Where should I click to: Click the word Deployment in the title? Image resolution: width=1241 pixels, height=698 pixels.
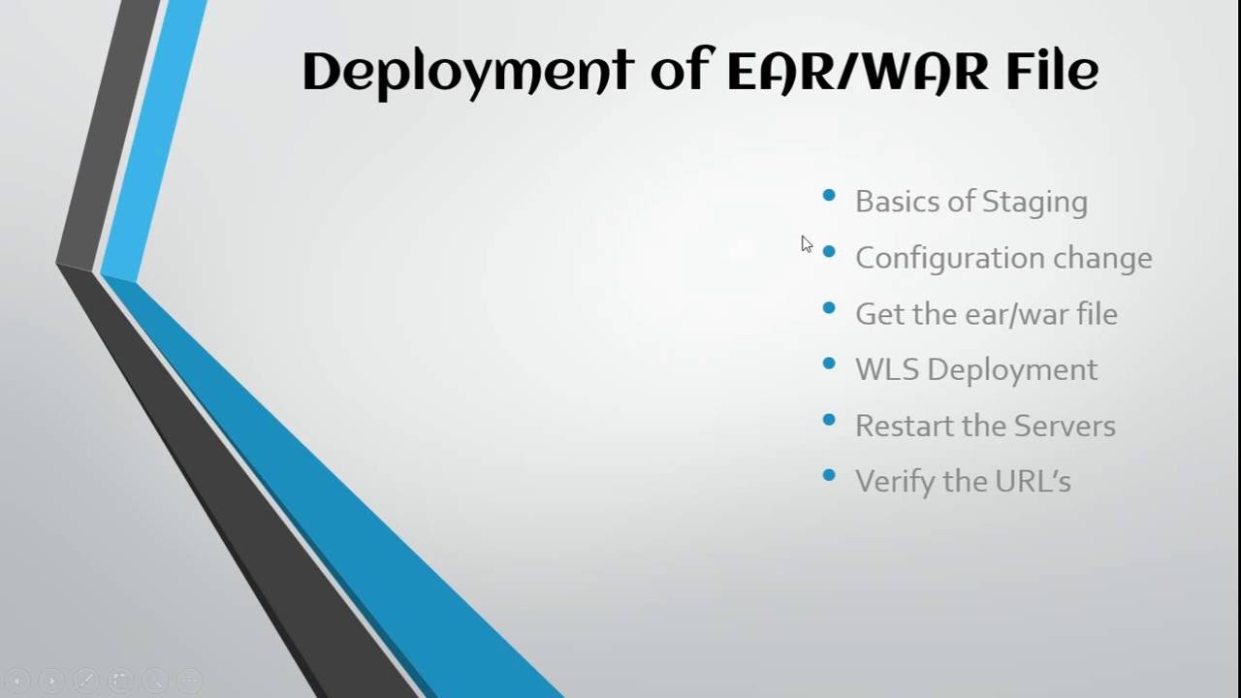(x=467, y=72)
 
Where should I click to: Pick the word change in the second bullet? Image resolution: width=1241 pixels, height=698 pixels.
(x=1102, y=258)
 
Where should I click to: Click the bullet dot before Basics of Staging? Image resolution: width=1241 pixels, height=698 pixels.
(x=829, y=196)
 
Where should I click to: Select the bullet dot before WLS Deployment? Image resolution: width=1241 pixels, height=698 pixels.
(x=829, y=364)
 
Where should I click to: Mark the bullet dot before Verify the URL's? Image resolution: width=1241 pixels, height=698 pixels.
(x=829, y=475)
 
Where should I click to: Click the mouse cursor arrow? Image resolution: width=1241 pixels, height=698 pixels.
(x=806, y=243)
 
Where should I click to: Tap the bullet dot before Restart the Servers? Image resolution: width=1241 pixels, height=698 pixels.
(x=829, y=420)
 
